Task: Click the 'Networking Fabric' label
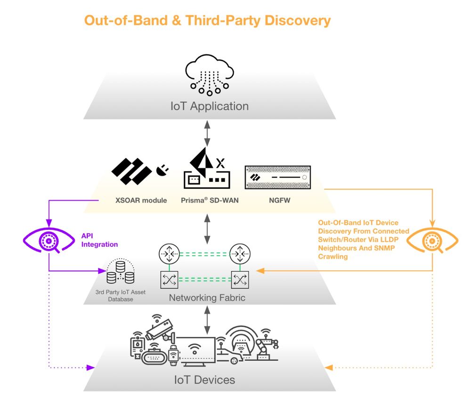(207, 298)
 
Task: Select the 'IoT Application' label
(210, 106)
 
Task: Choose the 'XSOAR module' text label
(141, 200)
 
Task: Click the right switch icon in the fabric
(239, 279)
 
